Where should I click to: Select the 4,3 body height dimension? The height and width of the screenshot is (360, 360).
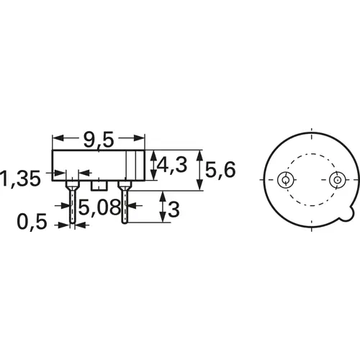(x=172, y=166)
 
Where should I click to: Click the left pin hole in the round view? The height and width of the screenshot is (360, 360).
(x=286, y=179)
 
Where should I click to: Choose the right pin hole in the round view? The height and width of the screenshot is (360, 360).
(x=337, y=179)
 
